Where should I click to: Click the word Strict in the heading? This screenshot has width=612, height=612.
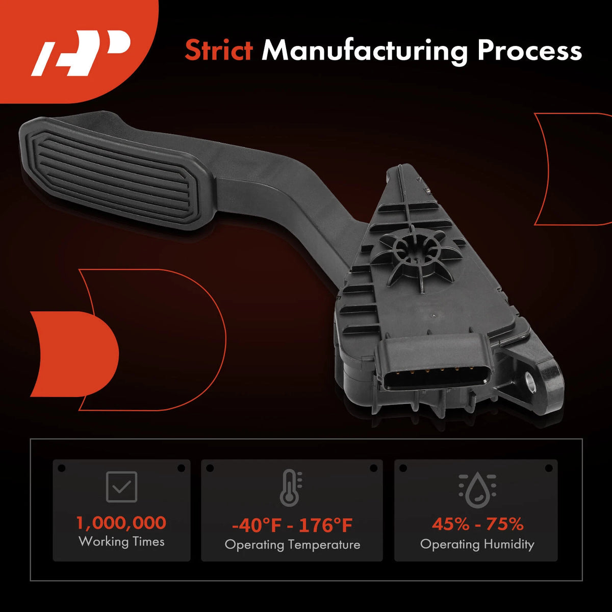pos(219,50)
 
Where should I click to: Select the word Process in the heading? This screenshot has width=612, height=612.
pos(529,50)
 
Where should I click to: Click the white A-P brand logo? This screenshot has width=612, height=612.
pos(81,53)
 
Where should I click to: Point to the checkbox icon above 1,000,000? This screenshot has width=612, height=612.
pos(122,487)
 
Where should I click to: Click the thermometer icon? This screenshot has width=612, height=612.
pos(291,488)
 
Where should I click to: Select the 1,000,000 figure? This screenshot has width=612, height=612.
pos(121,523)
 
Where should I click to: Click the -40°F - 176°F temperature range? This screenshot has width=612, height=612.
pos(292,525)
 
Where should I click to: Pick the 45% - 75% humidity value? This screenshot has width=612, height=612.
pos(477,524)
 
